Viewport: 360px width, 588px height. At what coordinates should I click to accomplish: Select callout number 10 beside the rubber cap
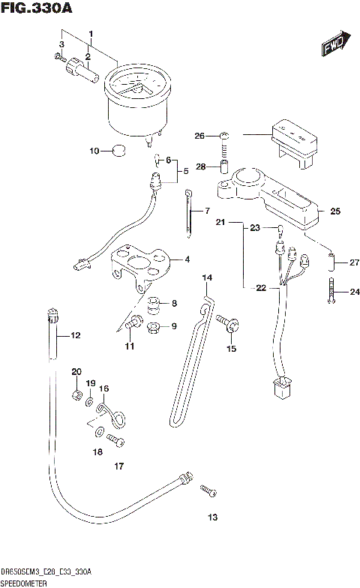click(x=94, y=151)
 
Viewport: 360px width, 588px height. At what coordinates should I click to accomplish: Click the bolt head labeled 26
click(x=224, y=136)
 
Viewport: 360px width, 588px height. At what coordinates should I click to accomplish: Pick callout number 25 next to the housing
click(x=334, y=211)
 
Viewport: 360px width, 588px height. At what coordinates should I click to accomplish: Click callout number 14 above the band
click(x=207, y=278)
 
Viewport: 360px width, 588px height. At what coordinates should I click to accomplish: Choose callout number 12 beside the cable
click(x=74, y=335)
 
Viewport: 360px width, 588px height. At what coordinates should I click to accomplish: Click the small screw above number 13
click(x=208, y=491)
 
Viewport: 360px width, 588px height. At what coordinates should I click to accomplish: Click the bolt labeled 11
click(x=133, y=324)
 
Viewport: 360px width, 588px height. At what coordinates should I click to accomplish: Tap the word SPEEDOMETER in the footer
click(x=23, y=582)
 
